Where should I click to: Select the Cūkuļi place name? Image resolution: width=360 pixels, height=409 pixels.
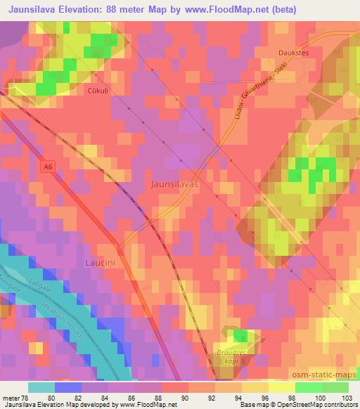[x=98, y=91]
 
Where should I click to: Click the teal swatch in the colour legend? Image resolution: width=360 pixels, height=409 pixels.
[x=41, y=387]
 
